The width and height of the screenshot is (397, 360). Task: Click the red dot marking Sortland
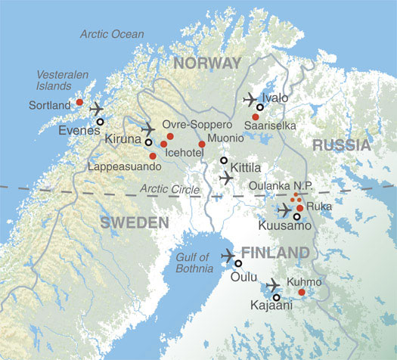coord(79,102)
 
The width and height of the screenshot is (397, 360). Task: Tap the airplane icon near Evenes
coord(97,109)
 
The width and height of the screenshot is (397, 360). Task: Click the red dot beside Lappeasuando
coord(153,156)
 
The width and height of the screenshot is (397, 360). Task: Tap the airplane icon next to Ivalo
coord(250,99)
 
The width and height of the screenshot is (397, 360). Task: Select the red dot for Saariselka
coord(256,116)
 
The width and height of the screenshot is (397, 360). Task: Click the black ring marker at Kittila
coord(223,160)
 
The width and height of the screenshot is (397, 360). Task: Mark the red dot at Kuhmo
coord(302,293)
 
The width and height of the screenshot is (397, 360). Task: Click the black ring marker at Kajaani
coord(276,297)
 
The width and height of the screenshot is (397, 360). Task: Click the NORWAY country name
coord(206,62)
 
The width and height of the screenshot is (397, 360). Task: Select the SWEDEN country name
coord(132,222)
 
